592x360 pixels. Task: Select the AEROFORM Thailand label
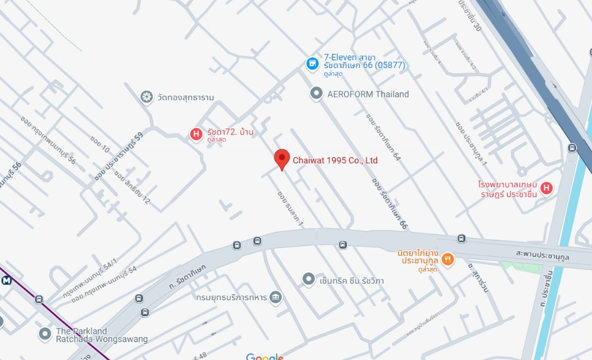[x=368, y=94]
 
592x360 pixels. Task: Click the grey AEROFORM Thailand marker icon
[x=317, y=94]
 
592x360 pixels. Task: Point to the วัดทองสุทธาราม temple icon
[x=146, y=97]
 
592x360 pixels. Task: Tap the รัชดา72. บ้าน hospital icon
[x=195, y=134]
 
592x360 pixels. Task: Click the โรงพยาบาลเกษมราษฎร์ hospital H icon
[x=546, y=188]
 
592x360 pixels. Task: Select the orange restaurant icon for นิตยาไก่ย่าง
[x=448, y=258]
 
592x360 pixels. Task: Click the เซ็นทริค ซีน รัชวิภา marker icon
[x=308, y=279]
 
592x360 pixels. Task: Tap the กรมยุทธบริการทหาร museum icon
[x=275, y=297]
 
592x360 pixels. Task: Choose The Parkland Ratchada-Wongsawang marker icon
[x=44, y=335]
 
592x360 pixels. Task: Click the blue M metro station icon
[x=7, y=281]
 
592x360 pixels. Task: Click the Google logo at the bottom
[x=265, y=356]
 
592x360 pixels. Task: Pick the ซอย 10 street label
[x=99, y=144]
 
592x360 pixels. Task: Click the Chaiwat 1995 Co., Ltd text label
[x=335, y=160]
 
